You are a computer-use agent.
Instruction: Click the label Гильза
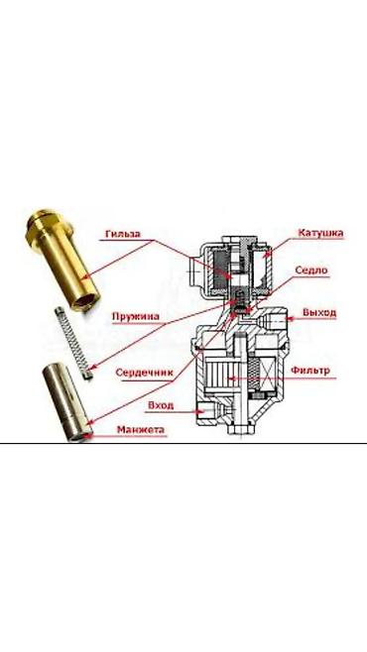[x=123, y=234]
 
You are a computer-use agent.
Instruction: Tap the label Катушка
[x=320, y=233]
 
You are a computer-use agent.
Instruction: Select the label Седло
[x=311, y=271]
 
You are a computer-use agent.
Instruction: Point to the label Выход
[x=319, y=312]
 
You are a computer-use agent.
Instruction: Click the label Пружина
[x=136, y=316]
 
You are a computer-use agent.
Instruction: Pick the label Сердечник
[x=144, y=373]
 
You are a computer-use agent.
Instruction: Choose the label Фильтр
[x=310, y=370]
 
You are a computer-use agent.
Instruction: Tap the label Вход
[x=161, y=405]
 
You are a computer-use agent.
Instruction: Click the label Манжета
[x=141, y=429]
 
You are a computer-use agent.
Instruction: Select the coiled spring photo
[x=73, y=343]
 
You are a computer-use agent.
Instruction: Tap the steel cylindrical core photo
[x=67, y=402]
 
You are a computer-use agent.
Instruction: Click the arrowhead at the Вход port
[x=201, y=411]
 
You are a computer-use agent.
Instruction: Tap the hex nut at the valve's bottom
[x=241, y=429]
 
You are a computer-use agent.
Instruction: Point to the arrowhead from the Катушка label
[x=266, y=253]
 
